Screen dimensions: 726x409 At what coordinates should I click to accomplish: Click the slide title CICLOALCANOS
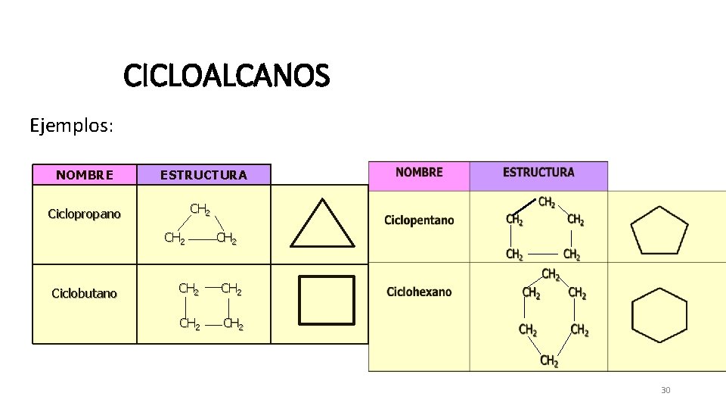227,76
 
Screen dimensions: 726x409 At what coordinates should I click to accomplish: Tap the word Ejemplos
71,125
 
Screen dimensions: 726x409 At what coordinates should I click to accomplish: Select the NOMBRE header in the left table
85,175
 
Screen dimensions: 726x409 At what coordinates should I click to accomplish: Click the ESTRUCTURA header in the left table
203,175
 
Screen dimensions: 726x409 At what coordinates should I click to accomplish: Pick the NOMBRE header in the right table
419,173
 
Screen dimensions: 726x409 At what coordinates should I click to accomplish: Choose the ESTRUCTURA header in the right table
538,173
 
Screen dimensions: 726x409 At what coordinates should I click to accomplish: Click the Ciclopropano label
84,214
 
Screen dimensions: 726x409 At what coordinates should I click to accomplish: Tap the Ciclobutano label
84,293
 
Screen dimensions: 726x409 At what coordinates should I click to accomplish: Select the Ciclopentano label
419,220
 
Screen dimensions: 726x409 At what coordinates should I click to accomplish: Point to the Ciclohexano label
419,292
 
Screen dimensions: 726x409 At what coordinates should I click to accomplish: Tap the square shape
326,299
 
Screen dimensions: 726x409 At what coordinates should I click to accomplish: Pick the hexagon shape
659,315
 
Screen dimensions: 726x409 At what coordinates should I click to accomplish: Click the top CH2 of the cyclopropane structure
200,208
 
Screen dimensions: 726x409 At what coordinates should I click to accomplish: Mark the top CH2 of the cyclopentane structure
547,202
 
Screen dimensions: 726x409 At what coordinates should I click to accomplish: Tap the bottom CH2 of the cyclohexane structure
549,361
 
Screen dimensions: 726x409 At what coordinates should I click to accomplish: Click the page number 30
665,390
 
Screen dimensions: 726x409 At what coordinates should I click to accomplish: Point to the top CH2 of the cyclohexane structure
551,273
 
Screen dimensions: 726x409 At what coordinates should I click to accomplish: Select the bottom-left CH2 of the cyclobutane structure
189,324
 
